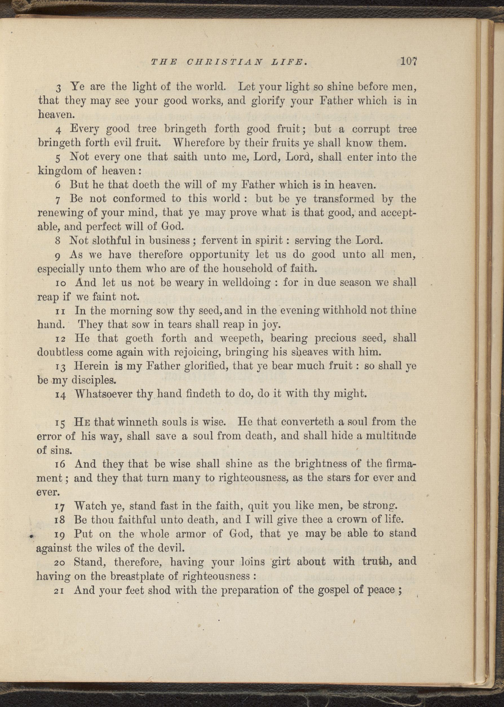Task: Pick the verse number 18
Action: [x=59, y=521]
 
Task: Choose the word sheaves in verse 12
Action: [x=315, y=352]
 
